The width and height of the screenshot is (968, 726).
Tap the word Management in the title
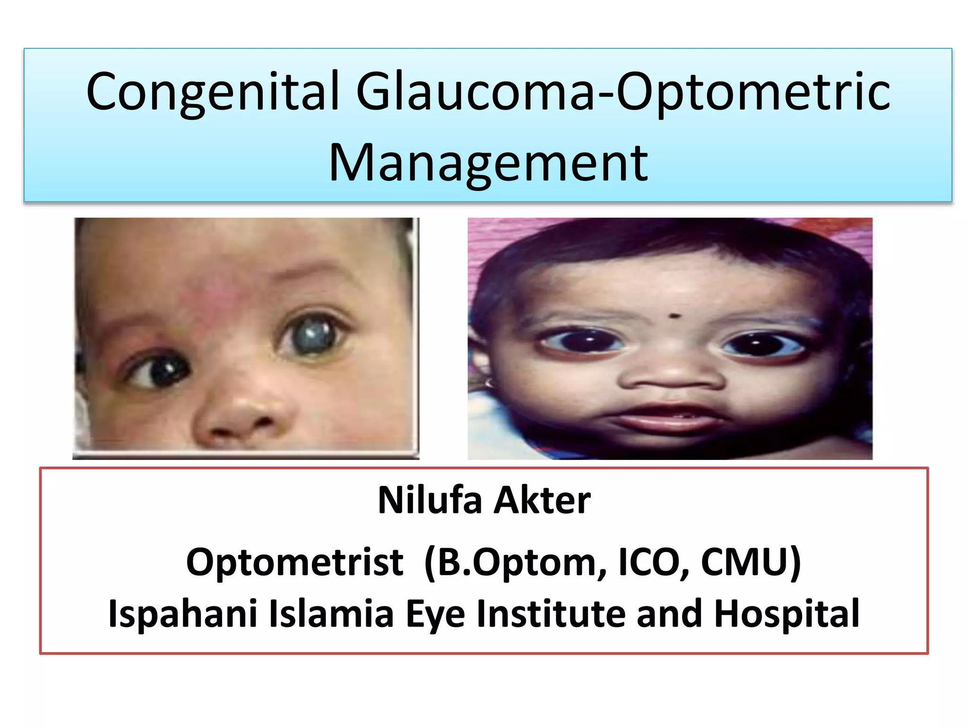point(488,163)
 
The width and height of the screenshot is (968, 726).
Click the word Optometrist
point(295,562)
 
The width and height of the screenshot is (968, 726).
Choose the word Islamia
point(331,614)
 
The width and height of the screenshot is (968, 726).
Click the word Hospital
point(786,614)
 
